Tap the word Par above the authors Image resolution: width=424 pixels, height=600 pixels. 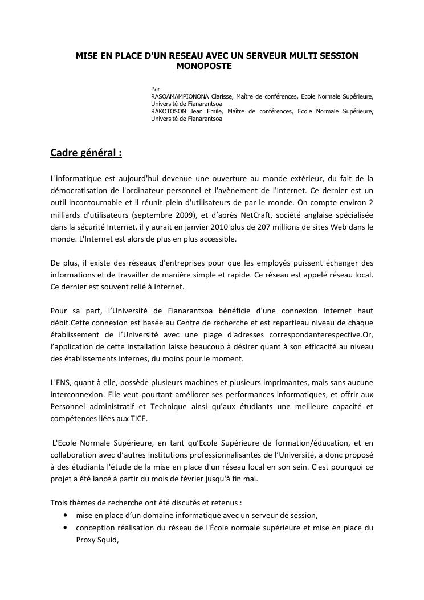pos(155,89)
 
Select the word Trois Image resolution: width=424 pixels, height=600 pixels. pos(60,503)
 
